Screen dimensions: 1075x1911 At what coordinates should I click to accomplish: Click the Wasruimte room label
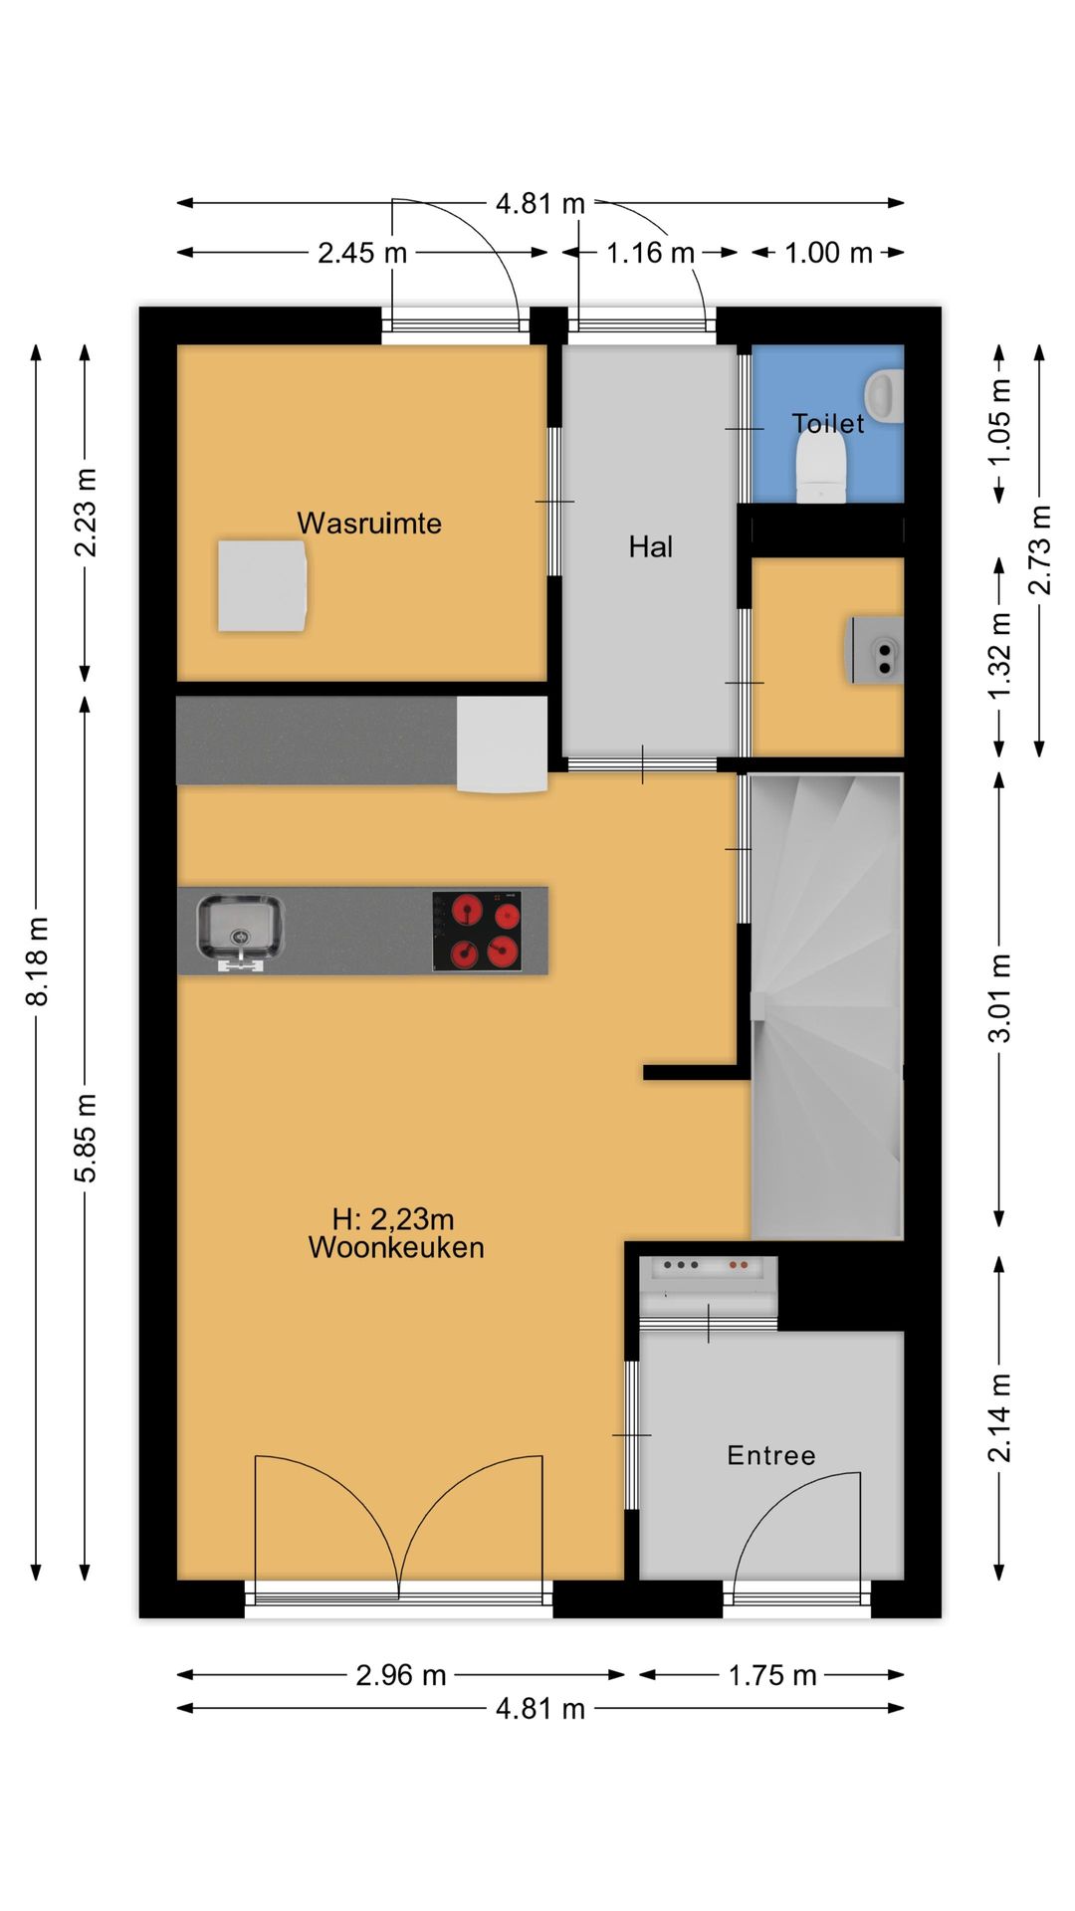click(x=369, y=524)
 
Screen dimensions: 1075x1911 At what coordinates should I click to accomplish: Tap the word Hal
click(x=651, y=546)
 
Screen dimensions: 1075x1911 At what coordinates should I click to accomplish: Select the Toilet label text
click(x=828, y=424)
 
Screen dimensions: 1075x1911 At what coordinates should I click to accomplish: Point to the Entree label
click(x=771, y=1455)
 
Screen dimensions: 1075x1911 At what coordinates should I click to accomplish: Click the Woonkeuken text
click(x=396, y=1248)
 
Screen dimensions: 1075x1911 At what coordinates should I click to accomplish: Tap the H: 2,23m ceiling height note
click(x=393, y=1219)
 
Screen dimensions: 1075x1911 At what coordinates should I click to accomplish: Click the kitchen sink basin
click(x=240, y=927)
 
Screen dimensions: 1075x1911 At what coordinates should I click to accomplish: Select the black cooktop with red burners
click(x=477, y=931)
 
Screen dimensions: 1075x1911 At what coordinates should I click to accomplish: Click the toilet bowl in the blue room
click(x=821, y=470)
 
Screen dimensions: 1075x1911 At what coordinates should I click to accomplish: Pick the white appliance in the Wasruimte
click(x=262, y=586)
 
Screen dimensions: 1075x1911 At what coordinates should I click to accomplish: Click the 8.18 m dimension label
click(x=38, y=961)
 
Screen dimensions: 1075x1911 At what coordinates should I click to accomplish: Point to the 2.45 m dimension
click(x=362, y=253)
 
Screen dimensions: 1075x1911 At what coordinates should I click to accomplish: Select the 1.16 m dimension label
click(x=650, y=253)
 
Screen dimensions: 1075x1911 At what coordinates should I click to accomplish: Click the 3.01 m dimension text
click(x=999, y=997)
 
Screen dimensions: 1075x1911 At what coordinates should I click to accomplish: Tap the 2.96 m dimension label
click(x=401, y=1675)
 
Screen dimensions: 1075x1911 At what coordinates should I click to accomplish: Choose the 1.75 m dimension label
click(x=772, y=1675)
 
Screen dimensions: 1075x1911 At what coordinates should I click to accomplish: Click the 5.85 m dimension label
click(x=87, y=1138)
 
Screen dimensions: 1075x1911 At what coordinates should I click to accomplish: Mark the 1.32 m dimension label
click(x=999, y=656)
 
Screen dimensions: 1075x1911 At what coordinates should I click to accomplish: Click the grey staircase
click(x=826, y=1005)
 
